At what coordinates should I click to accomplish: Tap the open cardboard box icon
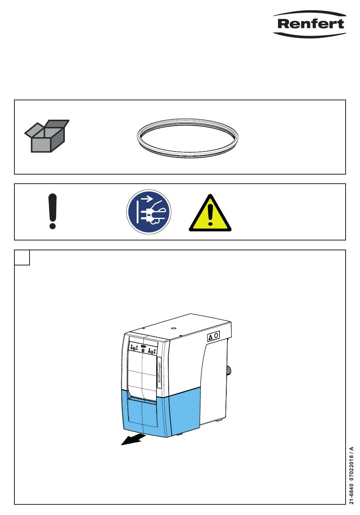click(x=47, y=136)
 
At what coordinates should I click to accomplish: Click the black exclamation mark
click(x=53, y=211)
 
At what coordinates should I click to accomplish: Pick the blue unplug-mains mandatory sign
click(x=149, y=212)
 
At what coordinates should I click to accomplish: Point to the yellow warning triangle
click(x=210, y=214)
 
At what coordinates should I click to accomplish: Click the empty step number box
click(x=22, y=257)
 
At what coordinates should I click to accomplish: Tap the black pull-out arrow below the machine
click(x=133, y=439)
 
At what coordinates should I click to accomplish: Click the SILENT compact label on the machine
click(x=160, y=373)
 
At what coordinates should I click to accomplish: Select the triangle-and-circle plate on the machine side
click(x=213, y=336)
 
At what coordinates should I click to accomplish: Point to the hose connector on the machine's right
click(x=229, y=371)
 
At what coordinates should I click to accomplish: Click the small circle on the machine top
click(x=173, y=328)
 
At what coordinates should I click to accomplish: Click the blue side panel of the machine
click(x=184, y=413)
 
